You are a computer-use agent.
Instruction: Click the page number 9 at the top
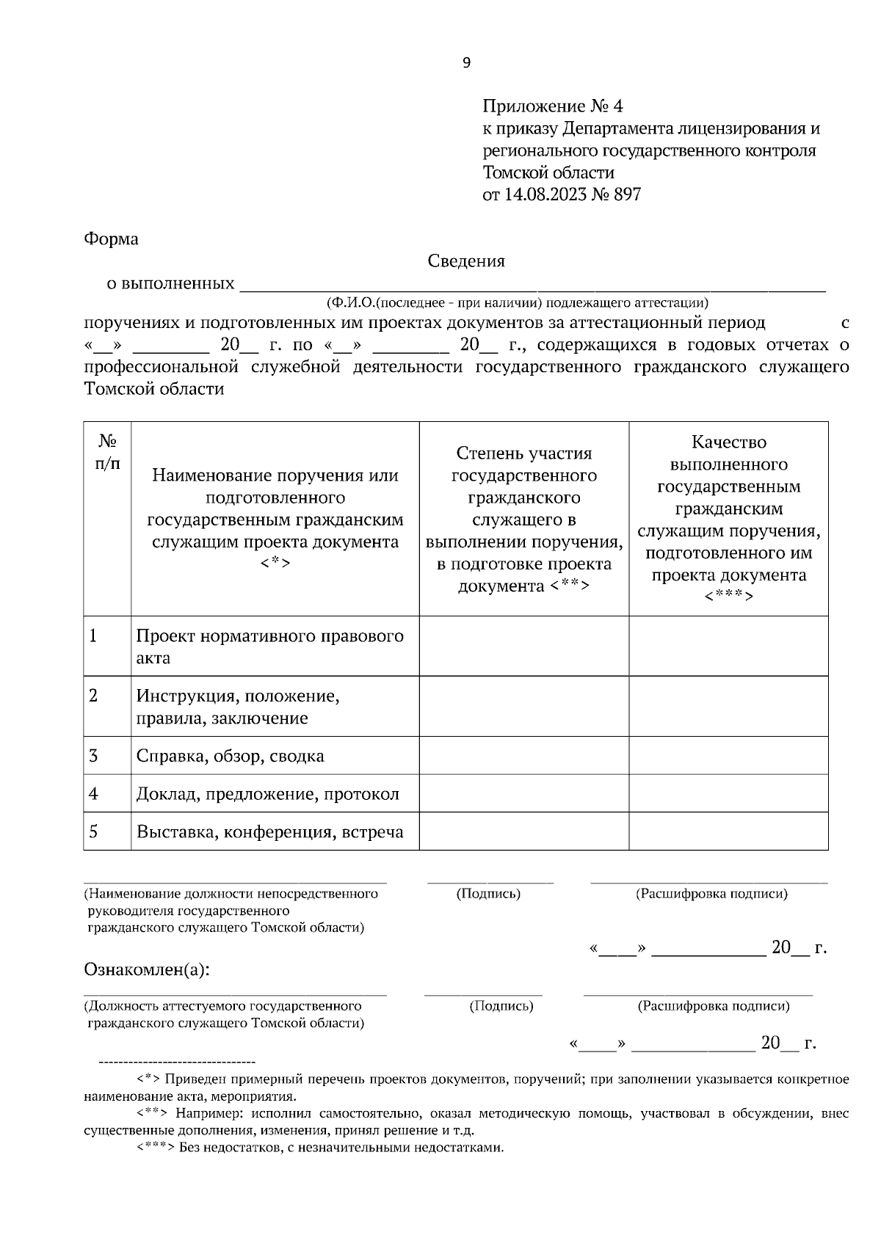(467, 63)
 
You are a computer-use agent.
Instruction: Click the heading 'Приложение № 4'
(552, 106)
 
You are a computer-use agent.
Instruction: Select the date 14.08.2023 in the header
(545, 195)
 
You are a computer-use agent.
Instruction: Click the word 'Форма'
(111, 239)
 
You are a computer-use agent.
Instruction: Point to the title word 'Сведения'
(466, 261)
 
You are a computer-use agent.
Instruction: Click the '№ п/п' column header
(107, 452)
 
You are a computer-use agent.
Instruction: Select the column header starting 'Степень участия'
(523, 520)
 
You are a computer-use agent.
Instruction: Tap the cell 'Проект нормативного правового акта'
(270, 646)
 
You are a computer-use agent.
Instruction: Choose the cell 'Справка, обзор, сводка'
(230, 756)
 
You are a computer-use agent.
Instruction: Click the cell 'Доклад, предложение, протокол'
(268, 794)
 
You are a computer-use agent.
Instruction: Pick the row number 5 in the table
(93, 831)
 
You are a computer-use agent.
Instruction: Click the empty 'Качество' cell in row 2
(728, 706)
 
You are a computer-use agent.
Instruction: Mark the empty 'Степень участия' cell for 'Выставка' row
(523, 831)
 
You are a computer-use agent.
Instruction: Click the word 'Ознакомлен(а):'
(147, 970)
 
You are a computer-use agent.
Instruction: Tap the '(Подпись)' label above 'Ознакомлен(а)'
(488, 894)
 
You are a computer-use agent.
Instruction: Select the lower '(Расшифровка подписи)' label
(713, 1006)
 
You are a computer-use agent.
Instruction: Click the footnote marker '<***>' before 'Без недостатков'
(156, 1148)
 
